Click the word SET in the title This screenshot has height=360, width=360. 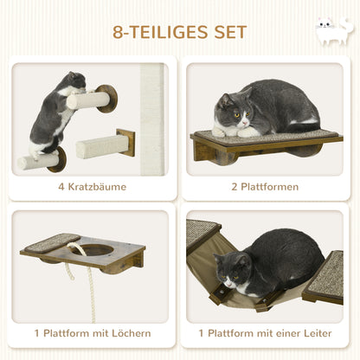pos(224,33)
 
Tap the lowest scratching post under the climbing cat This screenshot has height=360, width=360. pos(39,161)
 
